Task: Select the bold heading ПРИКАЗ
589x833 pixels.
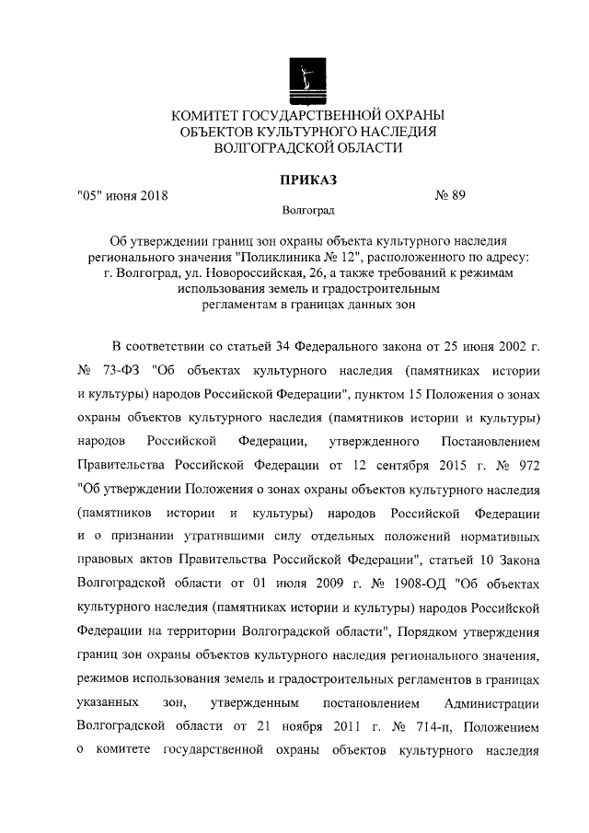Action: coord(307,179)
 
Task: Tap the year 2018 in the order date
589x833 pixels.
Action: coord(152,195)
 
